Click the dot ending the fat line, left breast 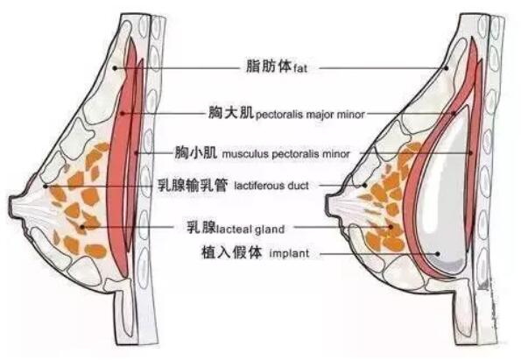(116, 67)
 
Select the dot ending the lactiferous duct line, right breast (363, 186)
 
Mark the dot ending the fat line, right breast (447, 67)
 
